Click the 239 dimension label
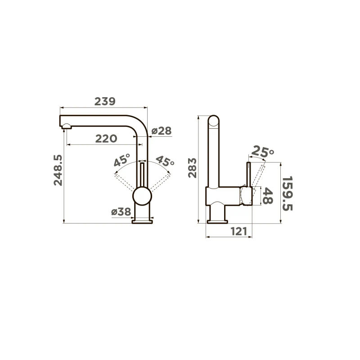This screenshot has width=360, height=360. coord(105,102)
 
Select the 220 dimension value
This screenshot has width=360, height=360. coord(106,139)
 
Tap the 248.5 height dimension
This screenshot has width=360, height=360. coord(58,170)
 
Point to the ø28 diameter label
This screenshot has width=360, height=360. coord(162,131)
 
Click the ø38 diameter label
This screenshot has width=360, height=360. coord(121,211)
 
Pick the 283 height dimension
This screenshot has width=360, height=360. coord(192,168)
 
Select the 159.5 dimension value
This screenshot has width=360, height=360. coord(287,193)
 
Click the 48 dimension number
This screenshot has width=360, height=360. coord(268,196)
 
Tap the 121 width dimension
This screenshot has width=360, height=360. coord(239,231)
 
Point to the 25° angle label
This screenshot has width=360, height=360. coord(262,152)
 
